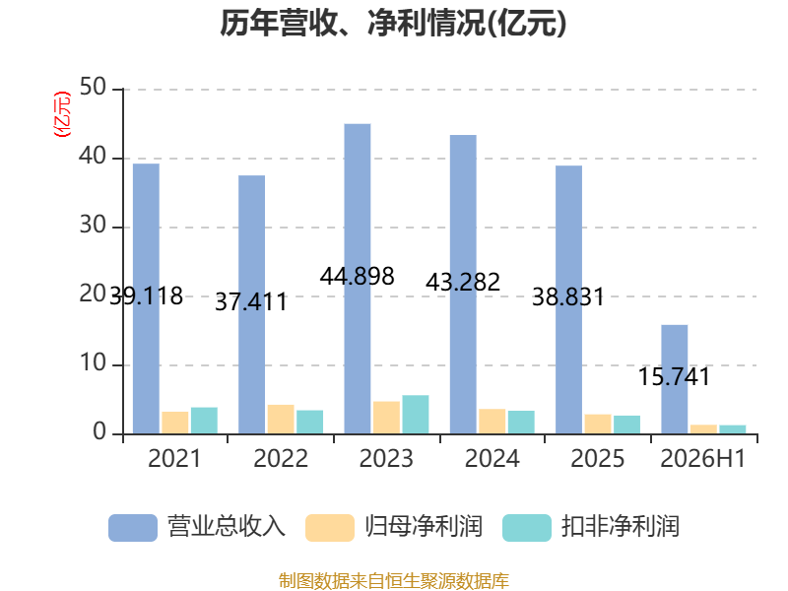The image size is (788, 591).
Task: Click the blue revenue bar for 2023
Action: [x=358, y=279]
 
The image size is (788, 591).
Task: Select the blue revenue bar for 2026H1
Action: [x=675, y=379]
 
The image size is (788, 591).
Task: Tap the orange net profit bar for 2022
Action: [x=281, y=420]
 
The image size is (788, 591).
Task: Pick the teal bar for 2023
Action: [x=416, y=415]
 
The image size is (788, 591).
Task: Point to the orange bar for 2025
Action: [x=598, y=425]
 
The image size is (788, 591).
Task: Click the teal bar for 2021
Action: [x=204, y=421]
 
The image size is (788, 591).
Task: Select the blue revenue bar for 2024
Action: [x=463, y=285]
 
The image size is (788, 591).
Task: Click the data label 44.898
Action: [x=358, y=277]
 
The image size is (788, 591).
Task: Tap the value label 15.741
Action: [x=675, y=377]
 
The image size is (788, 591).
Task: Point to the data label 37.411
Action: [x=251, y=302]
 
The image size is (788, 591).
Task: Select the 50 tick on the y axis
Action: [x=93, y=88]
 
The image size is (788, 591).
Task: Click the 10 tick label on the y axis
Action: [x=93, y=362]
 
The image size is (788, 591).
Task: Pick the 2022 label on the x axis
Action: [x=281, y=458]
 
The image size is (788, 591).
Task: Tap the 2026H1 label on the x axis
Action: [x=702, y=458]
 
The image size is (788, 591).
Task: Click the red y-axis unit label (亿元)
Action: [x=62, y=114]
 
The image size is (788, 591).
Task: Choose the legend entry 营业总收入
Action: [x=197, y=527]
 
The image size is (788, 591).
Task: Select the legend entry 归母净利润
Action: [x=394, y=527]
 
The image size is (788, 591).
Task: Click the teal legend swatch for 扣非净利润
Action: [x=527, y=528]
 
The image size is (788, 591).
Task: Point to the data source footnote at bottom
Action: [x=394, y=581]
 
